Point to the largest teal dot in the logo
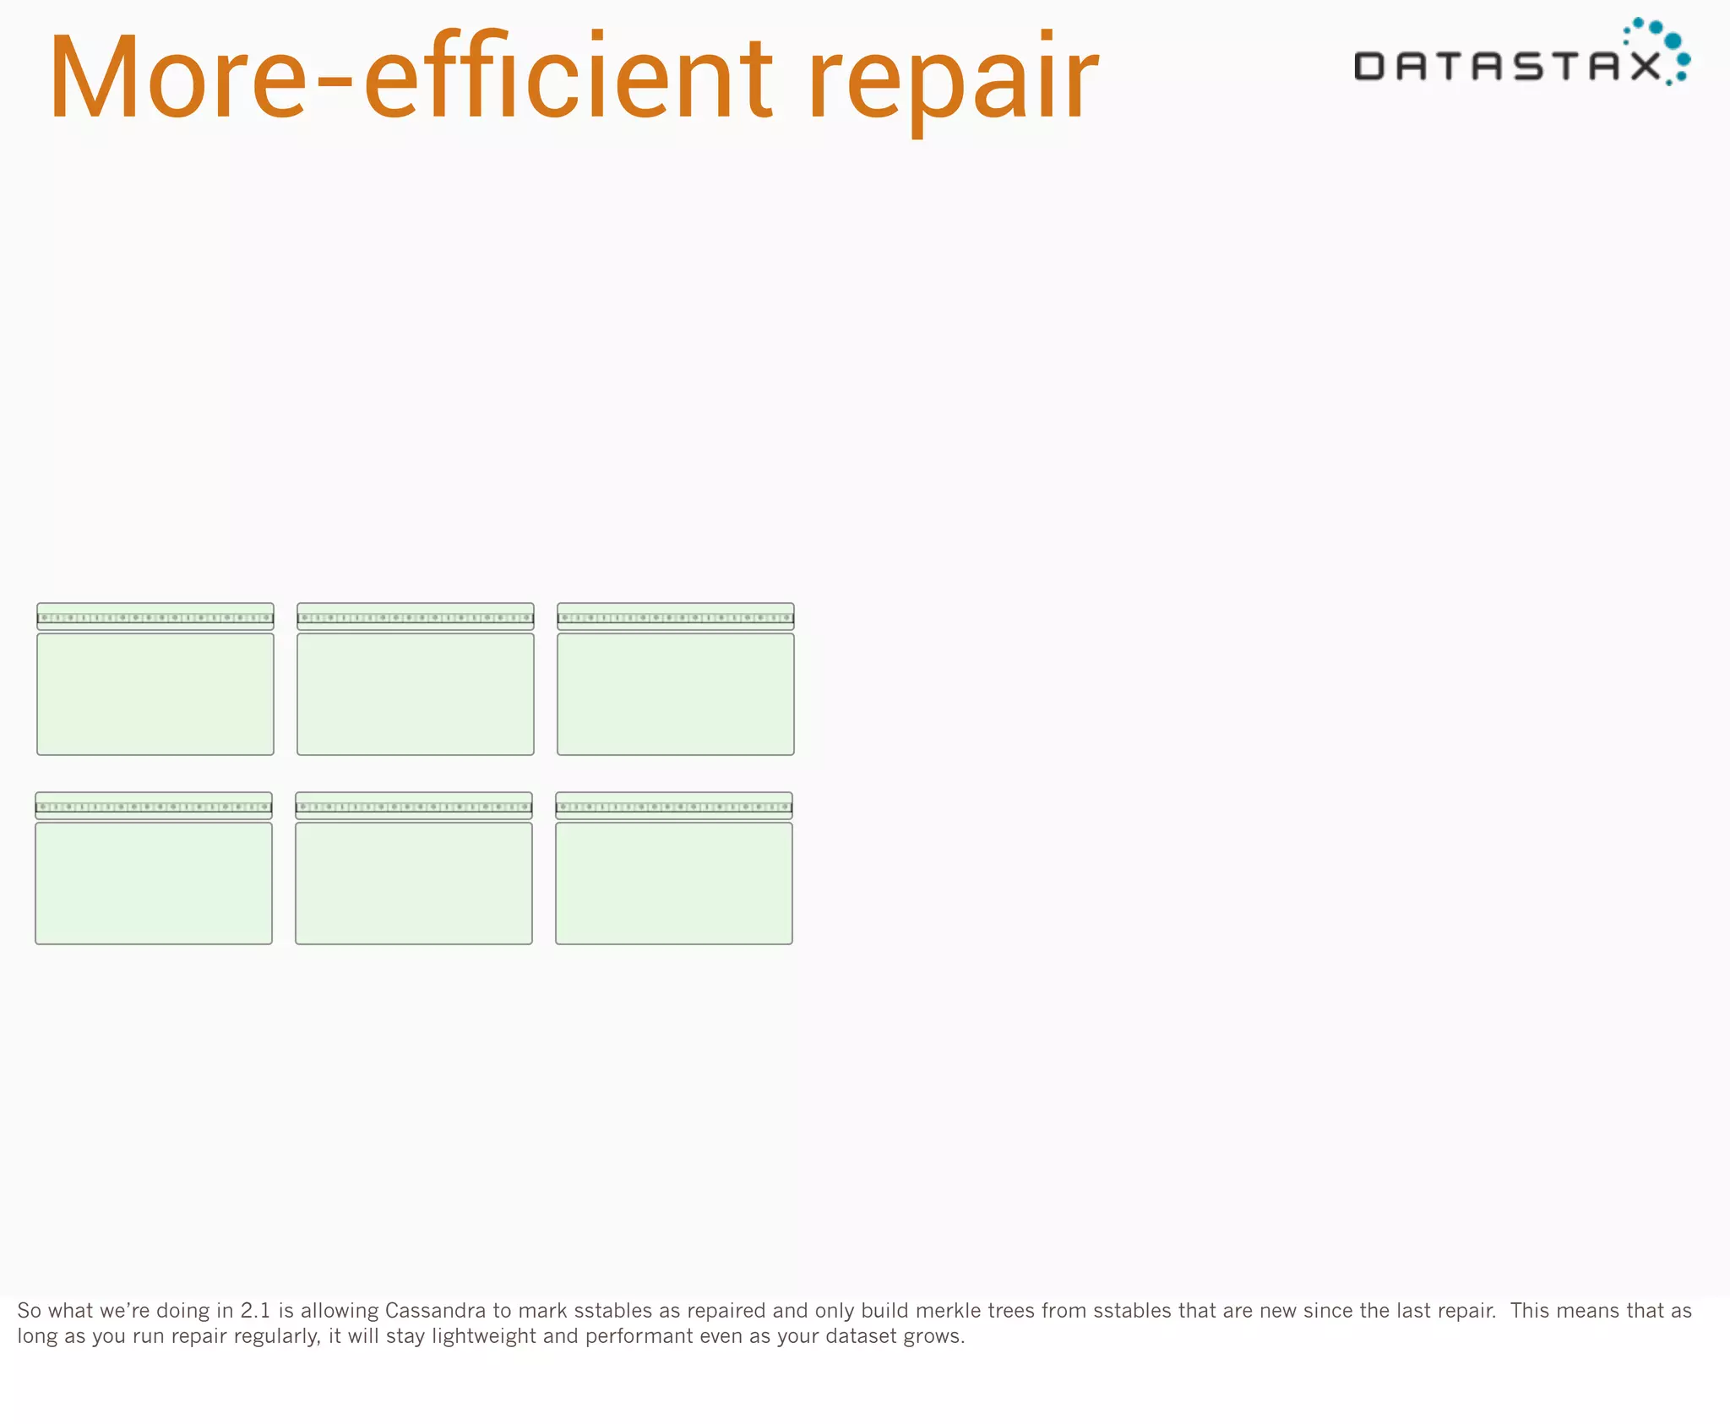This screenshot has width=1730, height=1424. pos(1672,41)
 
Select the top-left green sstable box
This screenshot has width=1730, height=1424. pos(155,693)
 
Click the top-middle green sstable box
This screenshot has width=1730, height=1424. pos(416,693)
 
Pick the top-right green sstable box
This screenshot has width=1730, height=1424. pos(676,693)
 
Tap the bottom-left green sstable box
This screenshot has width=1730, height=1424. pos(154,883)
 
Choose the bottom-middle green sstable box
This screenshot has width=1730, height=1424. pos(414,883)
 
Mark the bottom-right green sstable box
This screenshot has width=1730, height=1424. pos(674,883)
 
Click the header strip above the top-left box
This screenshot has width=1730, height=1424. pos(155,616)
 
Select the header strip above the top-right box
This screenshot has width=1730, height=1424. pos(676,616)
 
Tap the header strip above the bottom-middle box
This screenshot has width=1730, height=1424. pos(414,805)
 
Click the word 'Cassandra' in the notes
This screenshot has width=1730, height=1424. pos(435,1310)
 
